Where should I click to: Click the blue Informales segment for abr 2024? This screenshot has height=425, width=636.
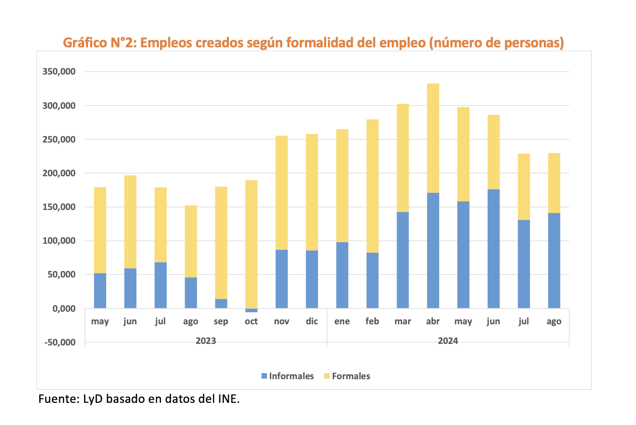[433, 250]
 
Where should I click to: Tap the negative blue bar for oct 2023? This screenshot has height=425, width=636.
[251, 310]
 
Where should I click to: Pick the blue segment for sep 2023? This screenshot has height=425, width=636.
[221, 304]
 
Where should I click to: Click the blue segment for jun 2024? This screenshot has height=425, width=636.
[493, 249]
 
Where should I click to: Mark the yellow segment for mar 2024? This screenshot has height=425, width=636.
[403, 158]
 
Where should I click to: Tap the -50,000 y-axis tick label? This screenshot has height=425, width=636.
[59, 342]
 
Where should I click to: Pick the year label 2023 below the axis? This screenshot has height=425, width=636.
[206, 341]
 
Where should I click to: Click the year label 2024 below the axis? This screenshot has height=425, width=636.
[448, 341]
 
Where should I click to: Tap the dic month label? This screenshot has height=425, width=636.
[312, 322]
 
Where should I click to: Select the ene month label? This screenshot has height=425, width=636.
[342, 322]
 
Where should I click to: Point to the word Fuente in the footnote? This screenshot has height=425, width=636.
[57, 400]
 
